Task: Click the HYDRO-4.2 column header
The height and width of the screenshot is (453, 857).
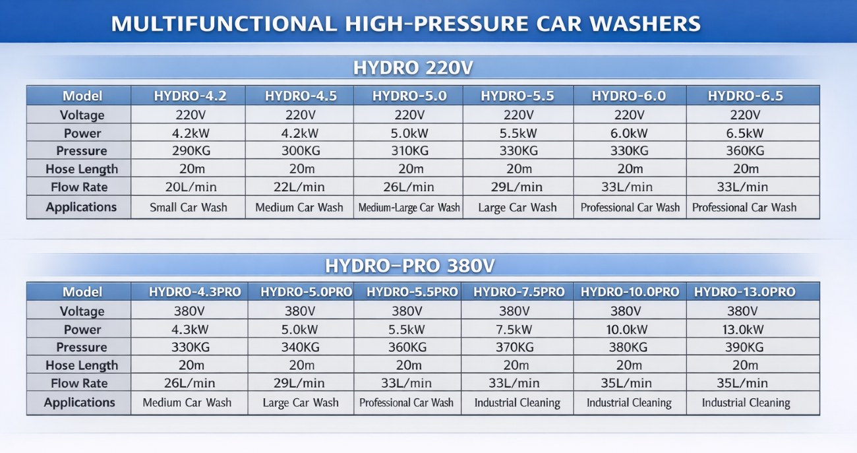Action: [190, 96]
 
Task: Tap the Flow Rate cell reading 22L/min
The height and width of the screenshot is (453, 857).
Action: [299, 187]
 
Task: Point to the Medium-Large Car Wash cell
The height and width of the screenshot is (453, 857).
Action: [409, 207]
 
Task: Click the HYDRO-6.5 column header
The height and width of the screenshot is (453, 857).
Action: [746, 96]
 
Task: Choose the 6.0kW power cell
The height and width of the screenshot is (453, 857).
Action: [629, 133]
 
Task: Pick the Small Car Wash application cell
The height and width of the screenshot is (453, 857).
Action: [189, 207]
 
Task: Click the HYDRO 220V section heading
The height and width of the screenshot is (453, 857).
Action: [413, 68]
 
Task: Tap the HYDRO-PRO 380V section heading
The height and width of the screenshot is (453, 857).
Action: [410, 266]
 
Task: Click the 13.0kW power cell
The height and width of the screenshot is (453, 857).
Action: [742, 330]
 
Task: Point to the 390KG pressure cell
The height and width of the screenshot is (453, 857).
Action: [744, 347]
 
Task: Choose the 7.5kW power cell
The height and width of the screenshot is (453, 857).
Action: [514, 330]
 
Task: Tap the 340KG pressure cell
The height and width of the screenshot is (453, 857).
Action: [301, 347]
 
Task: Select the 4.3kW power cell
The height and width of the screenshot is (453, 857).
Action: [190, 330]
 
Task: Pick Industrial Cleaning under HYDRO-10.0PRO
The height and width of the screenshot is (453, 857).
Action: [629, 402]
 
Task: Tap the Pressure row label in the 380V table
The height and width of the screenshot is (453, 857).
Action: [82, 347]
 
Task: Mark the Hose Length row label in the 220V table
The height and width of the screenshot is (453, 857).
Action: [82, 169]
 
